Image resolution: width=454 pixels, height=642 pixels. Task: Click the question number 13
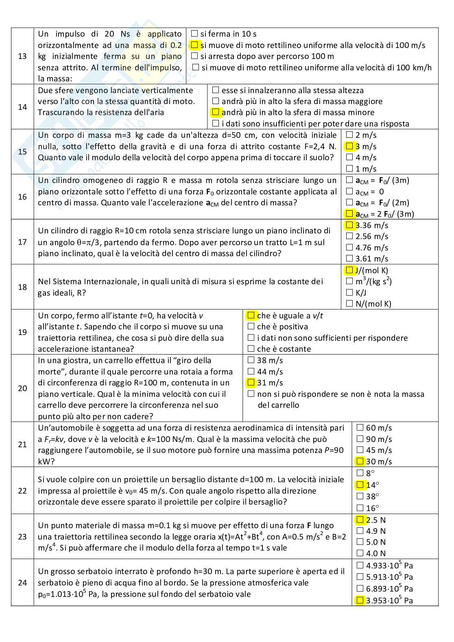pyautogui.click(x=22, y=56)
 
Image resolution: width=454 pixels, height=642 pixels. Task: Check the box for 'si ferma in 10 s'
pyautogui.click(x=194, y=34)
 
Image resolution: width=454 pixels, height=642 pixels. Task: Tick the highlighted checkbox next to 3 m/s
pyautogui.click(x=349, y=146)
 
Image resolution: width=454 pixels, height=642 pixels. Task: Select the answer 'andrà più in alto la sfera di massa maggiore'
pyautogui.click(x=216, y=101)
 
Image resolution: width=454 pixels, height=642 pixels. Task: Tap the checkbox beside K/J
pyautogui.click(x=349, y=292)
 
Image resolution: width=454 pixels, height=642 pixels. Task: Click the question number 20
pyautogui.click(x=22, y=388)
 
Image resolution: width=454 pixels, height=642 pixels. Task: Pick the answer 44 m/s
pyautogui.click(x=251, y=371)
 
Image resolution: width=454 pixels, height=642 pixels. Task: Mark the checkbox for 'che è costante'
pyautogui.click(x=251, y=348)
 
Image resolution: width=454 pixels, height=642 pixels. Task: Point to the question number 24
pyautogui.click(x=22, y=582)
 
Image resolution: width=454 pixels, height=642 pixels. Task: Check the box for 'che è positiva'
pyautogui.click(x=251, y=326)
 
